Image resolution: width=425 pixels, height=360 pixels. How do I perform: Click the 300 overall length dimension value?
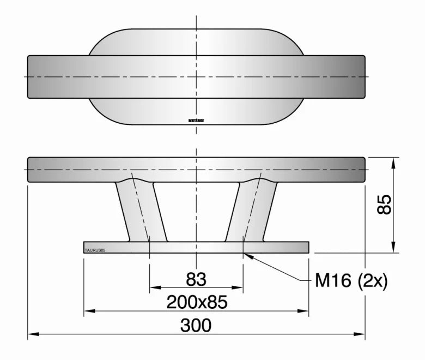pos(196,326)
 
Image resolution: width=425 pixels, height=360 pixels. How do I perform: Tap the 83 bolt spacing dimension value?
pos(196,279)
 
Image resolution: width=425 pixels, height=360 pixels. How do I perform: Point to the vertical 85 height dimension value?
pos(385,205)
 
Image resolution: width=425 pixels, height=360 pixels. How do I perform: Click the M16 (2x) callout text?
pos(351,281)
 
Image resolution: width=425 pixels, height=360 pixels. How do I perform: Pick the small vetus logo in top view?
pos(196,120)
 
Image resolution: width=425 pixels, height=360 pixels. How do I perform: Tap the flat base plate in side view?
pos(196,248)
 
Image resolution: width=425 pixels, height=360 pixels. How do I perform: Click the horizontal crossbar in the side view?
pos(196,170)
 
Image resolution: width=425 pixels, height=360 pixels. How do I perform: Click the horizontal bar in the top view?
pos(196,76)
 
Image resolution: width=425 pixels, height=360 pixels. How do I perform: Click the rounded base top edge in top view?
pos(196,29)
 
